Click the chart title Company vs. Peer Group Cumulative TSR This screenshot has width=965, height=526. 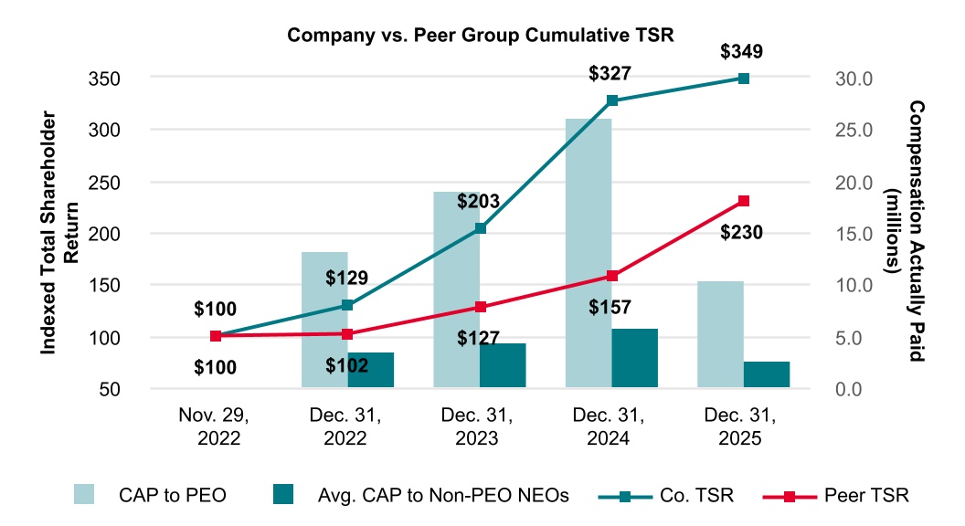(x=481, y=37)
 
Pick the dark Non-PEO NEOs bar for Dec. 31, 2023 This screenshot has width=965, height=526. (x=503, y=365)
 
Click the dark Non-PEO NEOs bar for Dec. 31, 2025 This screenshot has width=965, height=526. (x=766, y=374)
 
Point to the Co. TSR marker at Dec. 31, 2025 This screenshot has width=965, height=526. (x=744, y=79)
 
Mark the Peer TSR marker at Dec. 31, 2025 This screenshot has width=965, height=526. (x=744, y=201)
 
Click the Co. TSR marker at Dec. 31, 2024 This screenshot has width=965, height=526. (x=612, y=100)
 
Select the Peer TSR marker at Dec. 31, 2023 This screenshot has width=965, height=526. (x=481, y=307)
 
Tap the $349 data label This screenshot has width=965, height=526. (x=744, y=52)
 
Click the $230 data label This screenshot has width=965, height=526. (x=744, y=232)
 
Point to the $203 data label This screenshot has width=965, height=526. (x=481, y=201)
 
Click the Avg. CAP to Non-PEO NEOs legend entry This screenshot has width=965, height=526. (x=421, y=496)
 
